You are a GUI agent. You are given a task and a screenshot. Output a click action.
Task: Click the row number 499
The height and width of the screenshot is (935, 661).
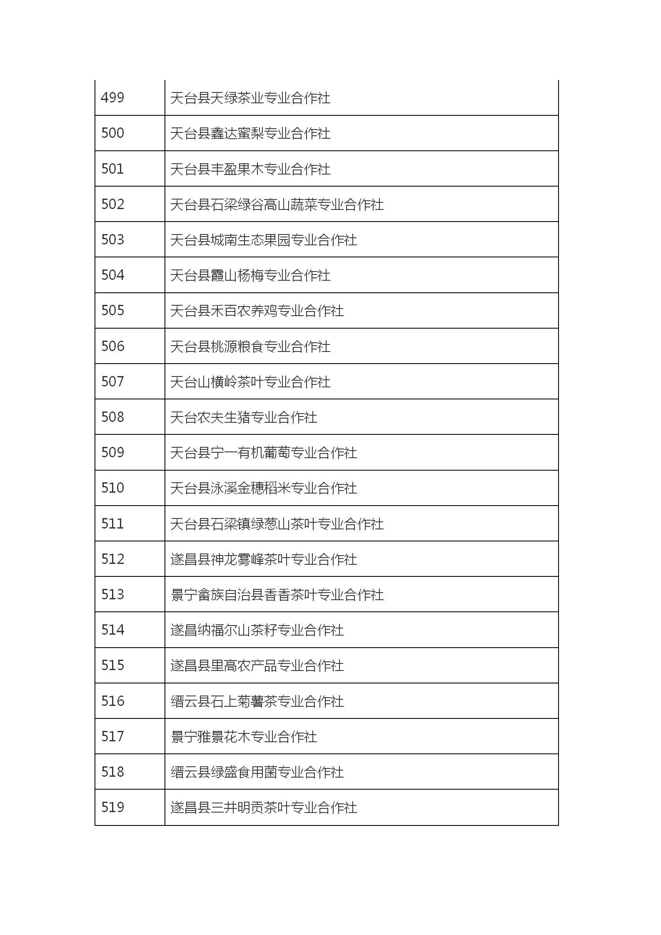112,98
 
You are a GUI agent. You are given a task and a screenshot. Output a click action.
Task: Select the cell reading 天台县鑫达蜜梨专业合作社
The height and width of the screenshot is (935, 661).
250,133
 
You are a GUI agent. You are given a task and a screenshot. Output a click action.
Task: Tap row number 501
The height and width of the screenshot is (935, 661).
112,169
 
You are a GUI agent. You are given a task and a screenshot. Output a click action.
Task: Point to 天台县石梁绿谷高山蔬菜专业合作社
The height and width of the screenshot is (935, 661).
277,204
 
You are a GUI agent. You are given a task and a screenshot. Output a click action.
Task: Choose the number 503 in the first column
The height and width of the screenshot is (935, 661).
112,240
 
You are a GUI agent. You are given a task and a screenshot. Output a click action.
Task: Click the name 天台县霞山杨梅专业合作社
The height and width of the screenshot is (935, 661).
250,275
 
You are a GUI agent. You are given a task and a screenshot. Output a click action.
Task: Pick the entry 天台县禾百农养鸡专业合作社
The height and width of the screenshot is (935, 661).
257,311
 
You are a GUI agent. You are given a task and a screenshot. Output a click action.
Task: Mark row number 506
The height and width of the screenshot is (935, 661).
112,346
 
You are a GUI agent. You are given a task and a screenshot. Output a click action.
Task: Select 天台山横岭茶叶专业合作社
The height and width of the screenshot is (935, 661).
250,382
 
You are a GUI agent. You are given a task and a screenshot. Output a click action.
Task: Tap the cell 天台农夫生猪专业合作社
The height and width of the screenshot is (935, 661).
243,417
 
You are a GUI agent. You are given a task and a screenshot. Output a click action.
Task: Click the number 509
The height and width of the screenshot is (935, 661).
112,453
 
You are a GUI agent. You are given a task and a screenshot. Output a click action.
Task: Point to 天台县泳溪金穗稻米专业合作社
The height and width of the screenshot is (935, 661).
263,488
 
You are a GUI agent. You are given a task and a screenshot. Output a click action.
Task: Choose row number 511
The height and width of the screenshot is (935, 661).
112,524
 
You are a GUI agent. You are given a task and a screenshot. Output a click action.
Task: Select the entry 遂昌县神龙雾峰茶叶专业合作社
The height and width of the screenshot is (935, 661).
263,559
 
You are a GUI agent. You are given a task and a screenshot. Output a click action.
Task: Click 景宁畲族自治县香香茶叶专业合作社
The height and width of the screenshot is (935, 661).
277,595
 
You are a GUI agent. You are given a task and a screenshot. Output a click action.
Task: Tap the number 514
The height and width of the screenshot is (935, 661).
112,630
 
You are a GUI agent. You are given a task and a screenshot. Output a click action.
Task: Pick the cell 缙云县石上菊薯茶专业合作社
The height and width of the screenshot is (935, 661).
257,701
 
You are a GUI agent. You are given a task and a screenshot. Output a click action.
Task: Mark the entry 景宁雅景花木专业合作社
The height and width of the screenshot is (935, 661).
243,737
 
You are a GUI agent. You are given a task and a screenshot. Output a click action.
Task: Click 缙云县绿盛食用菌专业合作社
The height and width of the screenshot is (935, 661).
257,772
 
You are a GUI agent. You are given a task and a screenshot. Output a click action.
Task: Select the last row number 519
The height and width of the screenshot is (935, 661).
112,807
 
